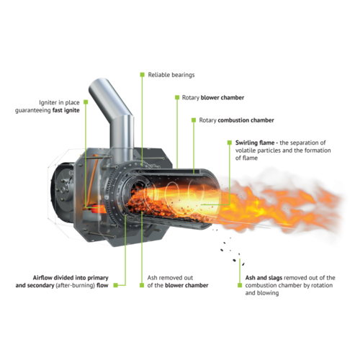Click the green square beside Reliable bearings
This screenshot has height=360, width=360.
click(143, 75)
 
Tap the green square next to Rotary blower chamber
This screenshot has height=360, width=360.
click(177, 97)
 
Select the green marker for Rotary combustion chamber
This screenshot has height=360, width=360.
click(194, 120)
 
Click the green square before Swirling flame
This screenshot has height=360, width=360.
click(230, 143)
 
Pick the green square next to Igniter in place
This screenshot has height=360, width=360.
click(86, 102)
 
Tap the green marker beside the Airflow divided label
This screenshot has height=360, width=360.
click(116, 285)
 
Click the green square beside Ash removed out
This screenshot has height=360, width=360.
click(142, 285)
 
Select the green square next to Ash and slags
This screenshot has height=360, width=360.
click(240, 285)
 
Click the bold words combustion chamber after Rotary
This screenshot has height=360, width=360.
click(246, 120)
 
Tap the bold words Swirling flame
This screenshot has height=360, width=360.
click(255, 143)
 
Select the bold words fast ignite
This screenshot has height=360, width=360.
click(66, 110)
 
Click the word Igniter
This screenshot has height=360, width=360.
click(48, 103)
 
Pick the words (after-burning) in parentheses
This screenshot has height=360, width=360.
click(75, 285)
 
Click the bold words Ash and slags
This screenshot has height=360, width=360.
click(264, 278)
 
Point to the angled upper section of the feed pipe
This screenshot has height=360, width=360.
click(109, 97)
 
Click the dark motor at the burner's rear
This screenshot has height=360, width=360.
click(63, 192)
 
